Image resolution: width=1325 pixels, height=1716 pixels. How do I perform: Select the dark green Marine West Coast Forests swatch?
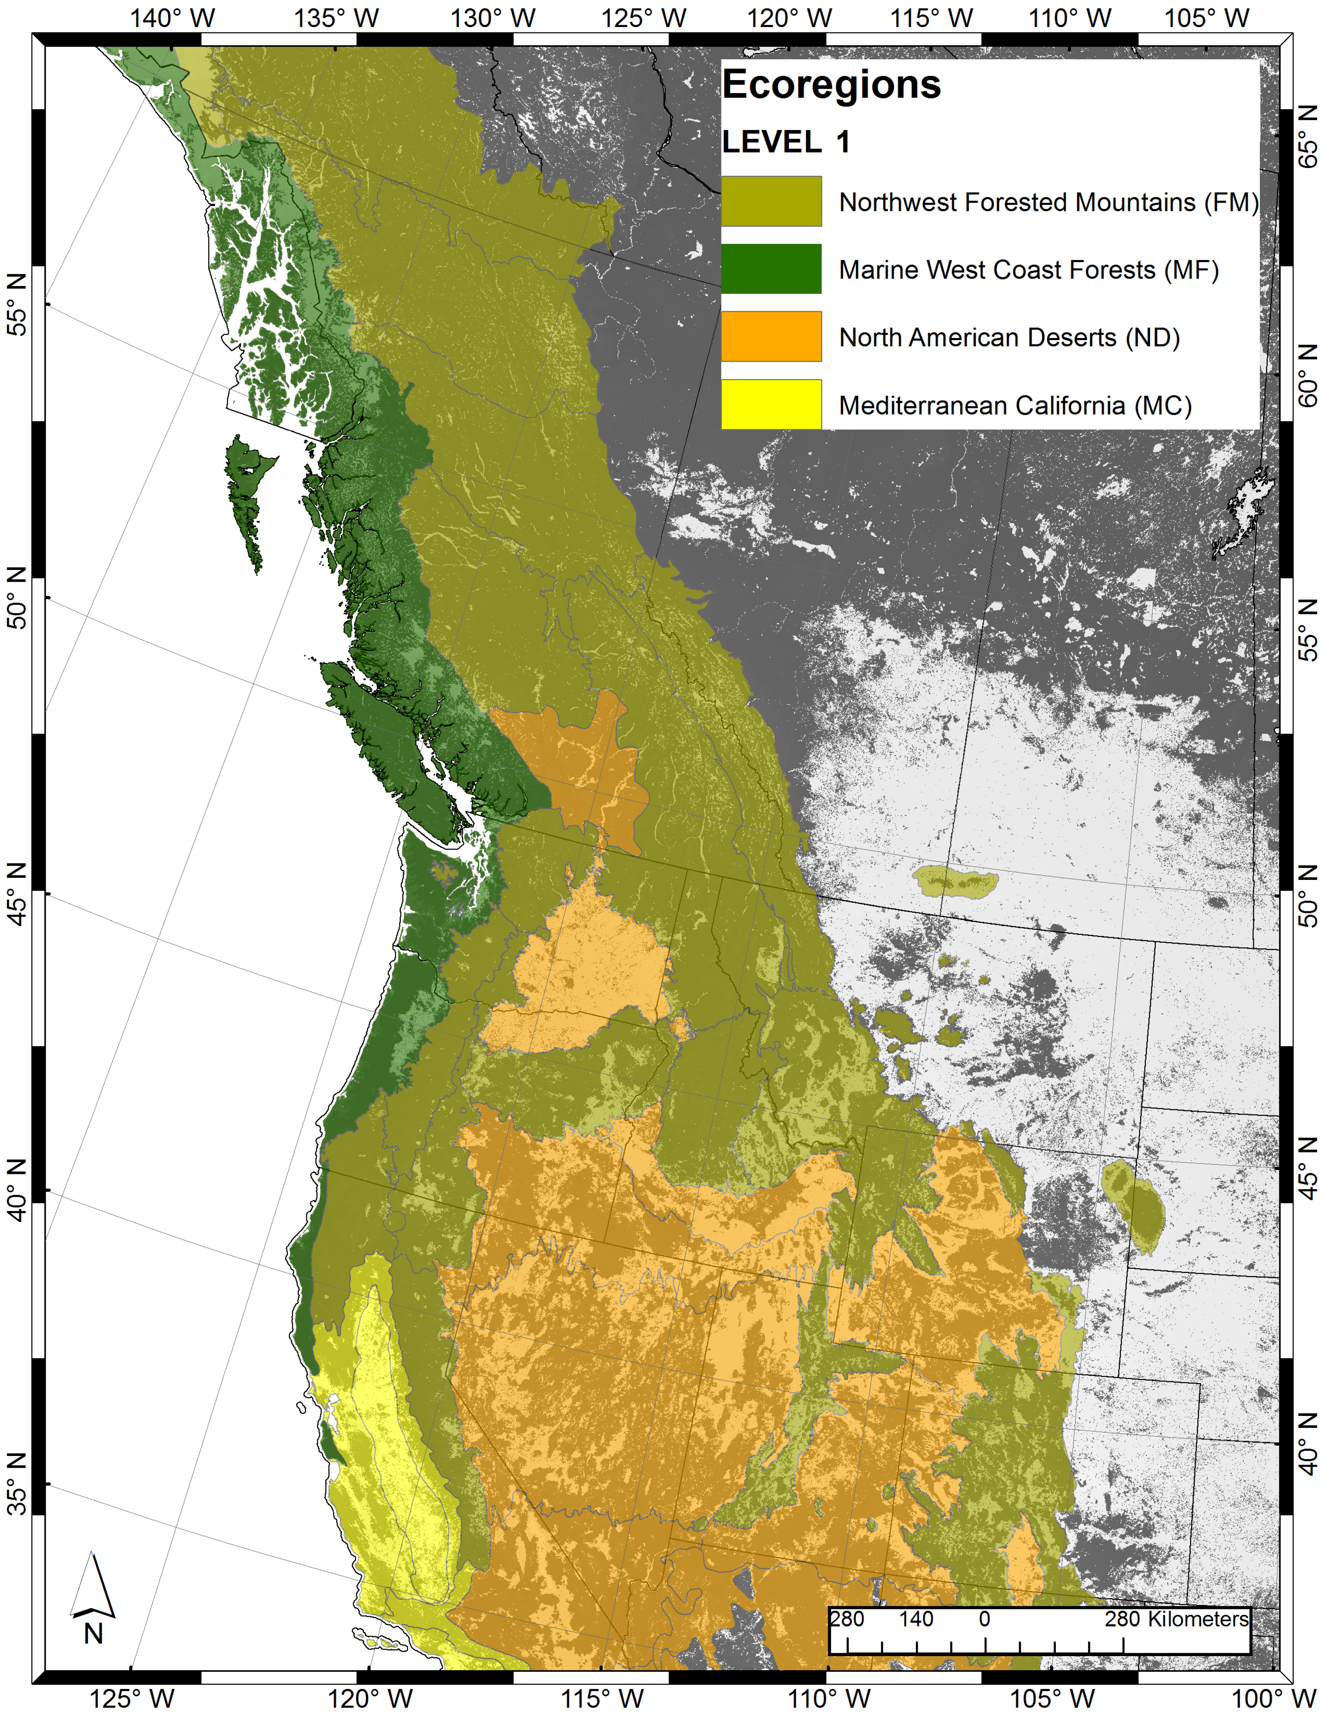771,269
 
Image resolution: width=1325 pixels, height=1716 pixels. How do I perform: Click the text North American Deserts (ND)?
1009,338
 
